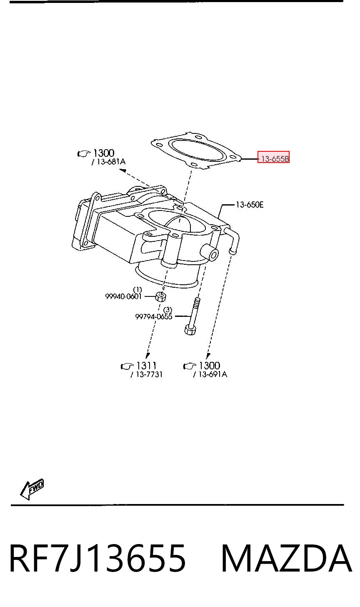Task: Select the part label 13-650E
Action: (250, 204)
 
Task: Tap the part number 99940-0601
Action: (123, 296)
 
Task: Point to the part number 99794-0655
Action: (154, 316)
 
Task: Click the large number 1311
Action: (147, 366)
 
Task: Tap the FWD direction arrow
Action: (32, 489)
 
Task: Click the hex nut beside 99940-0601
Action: (161, 296)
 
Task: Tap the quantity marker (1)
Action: (137, 289)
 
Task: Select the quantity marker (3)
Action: (167, 309)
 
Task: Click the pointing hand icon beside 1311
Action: (127, 366)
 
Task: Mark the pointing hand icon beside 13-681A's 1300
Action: (84, 154)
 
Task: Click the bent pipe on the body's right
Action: (234, 238)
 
